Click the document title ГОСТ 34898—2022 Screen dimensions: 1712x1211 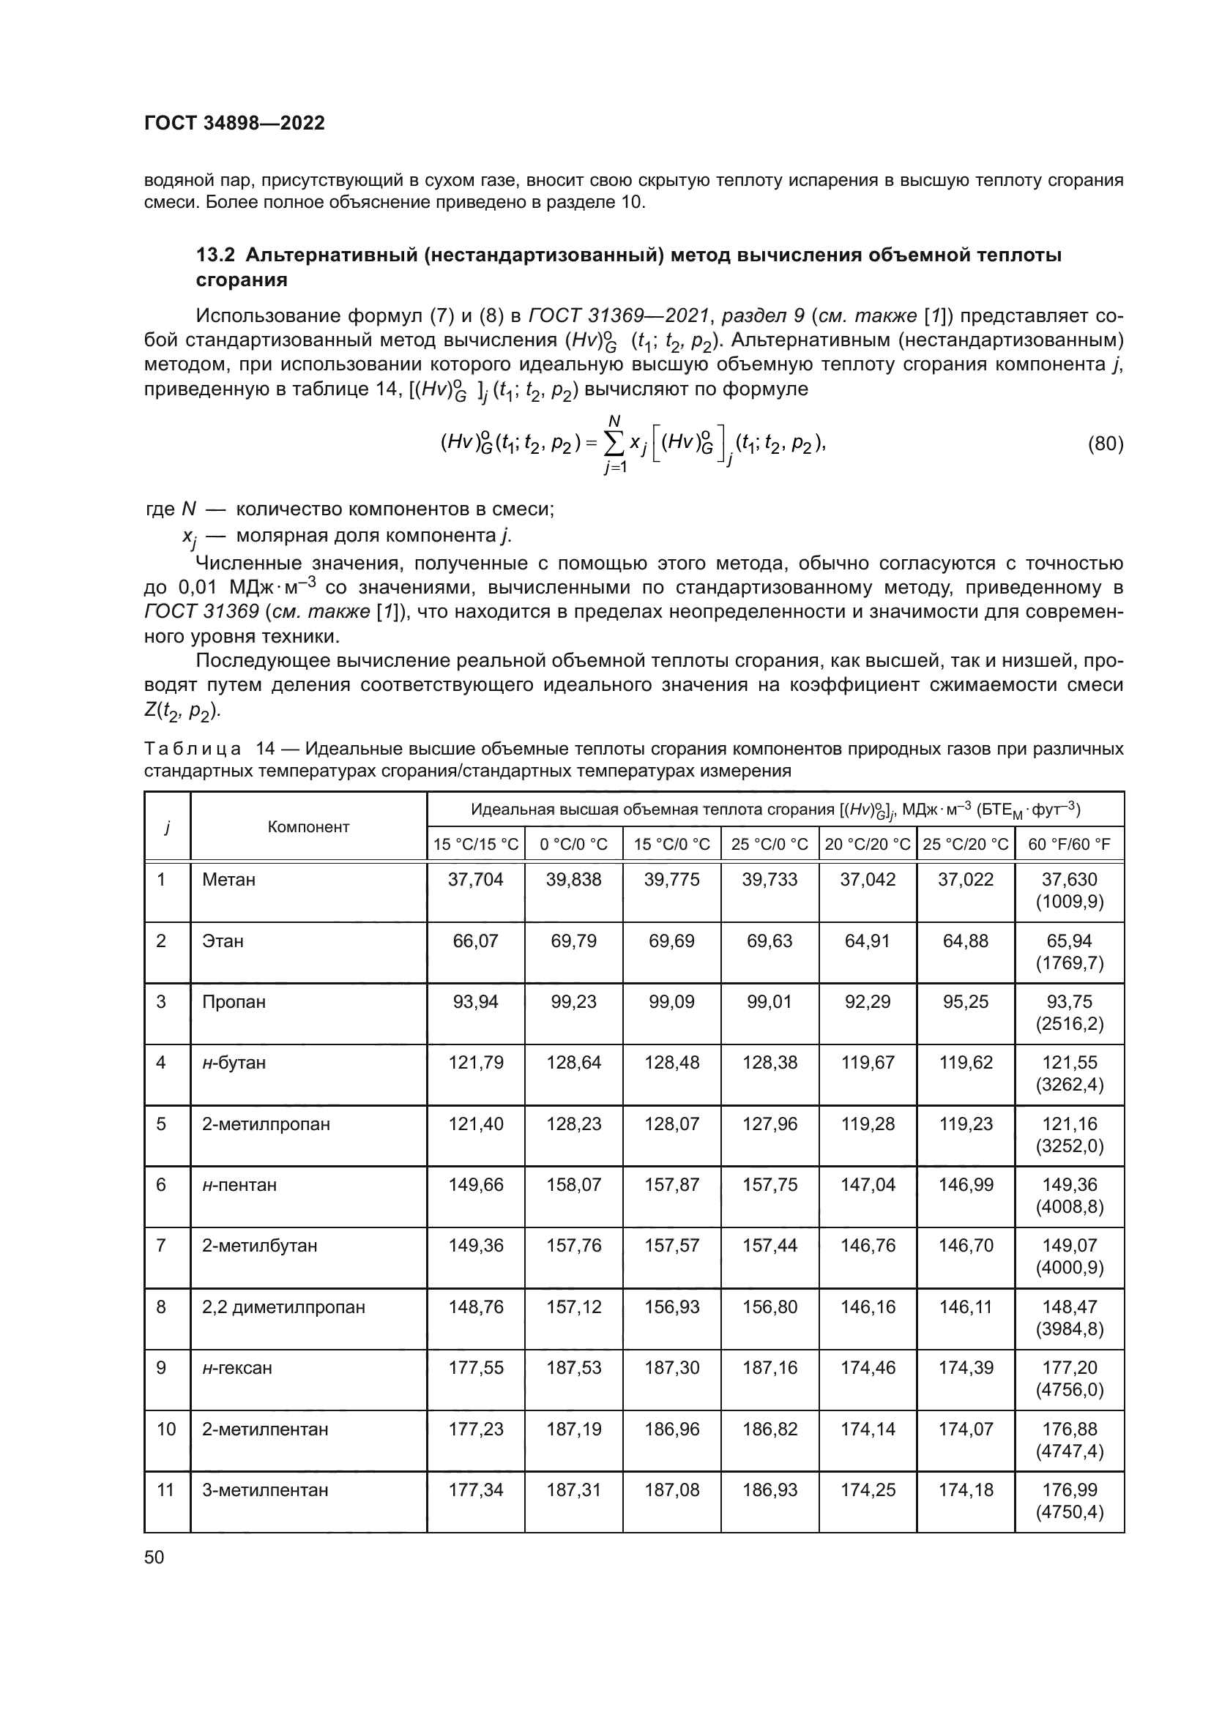(x=234, y=123)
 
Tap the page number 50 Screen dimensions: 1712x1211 (x=154, y=1556)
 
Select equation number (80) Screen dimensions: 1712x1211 (x=1105, y=444)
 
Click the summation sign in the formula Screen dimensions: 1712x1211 (x=615, y=444)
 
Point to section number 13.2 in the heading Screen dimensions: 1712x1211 (x=215, y=255)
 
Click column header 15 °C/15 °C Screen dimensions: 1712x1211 (x=476, y=844)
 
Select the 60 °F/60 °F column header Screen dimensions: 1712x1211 (x=1068, y=844)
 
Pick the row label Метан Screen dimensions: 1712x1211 (x=228, y=880)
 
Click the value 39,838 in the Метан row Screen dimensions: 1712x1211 (x=573, y=880)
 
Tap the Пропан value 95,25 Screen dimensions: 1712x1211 (x=965, y=1001)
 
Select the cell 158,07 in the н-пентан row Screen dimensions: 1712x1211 (x=573, y=1185)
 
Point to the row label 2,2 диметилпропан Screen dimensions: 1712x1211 (x=283, y=1307)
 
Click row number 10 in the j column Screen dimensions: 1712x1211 (x=165, y=1429)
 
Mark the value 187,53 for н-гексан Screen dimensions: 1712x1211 (x=573, y=1368)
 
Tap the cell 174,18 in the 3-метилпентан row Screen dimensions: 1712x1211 (x=965, y=1490)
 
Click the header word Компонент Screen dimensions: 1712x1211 (x=308, y=827)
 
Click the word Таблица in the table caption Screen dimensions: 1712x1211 (x=193, y=749)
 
